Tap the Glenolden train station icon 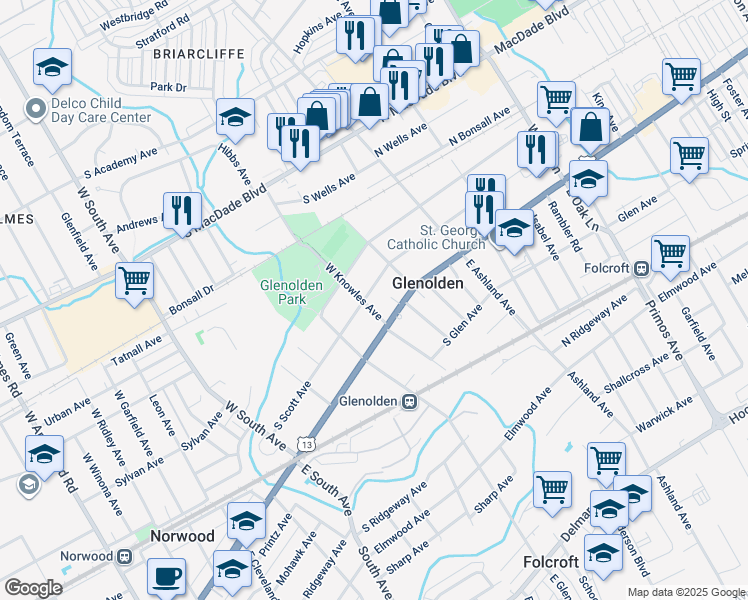(409, 401)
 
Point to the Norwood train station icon (126, 556)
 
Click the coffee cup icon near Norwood (166, 576)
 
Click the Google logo (33, 587)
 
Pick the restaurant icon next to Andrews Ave (181, 209)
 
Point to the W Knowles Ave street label (353, 292)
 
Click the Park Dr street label (168, 88)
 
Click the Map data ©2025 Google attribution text (685, 592)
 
